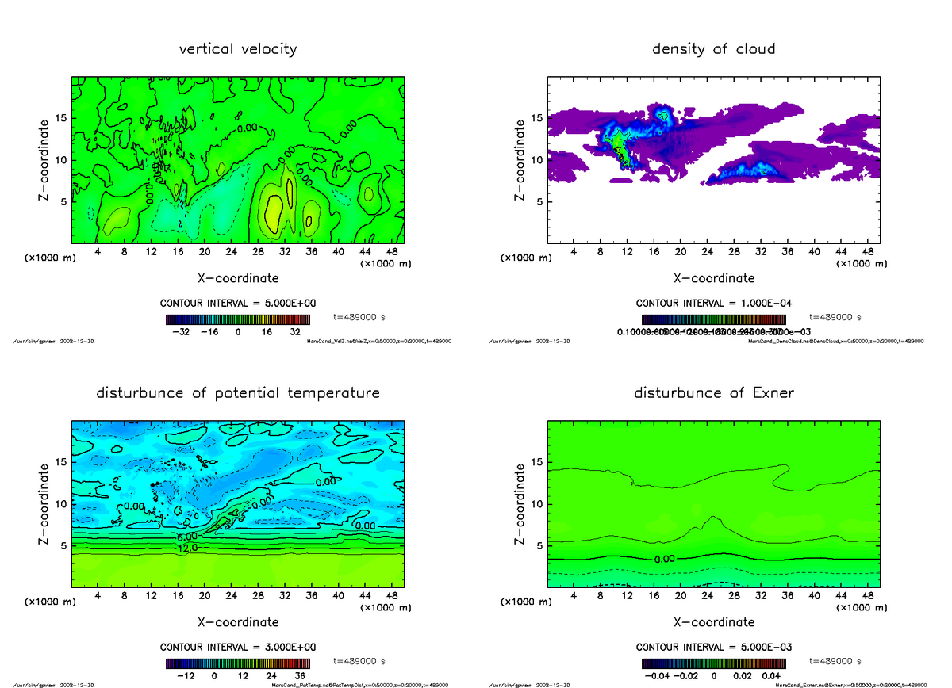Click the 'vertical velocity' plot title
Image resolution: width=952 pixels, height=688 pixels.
tap(238, 49)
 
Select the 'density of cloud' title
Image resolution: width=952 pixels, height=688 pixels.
tap(713, 49)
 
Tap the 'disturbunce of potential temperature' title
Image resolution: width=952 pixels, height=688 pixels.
tap(238, 393)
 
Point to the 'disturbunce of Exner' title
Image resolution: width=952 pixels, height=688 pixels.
tap(713, 393)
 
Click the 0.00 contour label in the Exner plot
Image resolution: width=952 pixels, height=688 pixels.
tap(664, 559)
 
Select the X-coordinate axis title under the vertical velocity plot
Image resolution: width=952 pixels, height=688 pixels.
tap(238, 278)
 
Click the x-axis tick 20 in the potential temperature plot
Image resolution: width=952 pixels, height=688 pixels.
tap(205, 596)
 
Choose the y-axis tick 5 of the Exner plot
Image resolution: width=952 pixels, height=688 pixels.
tap(539, 545)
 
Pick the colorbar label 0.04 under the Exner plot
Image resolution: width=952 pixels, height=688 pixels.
tap(771, 676)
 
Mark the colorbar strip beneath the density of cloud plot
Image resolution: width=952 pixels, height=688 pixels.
tap(713, 319)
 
